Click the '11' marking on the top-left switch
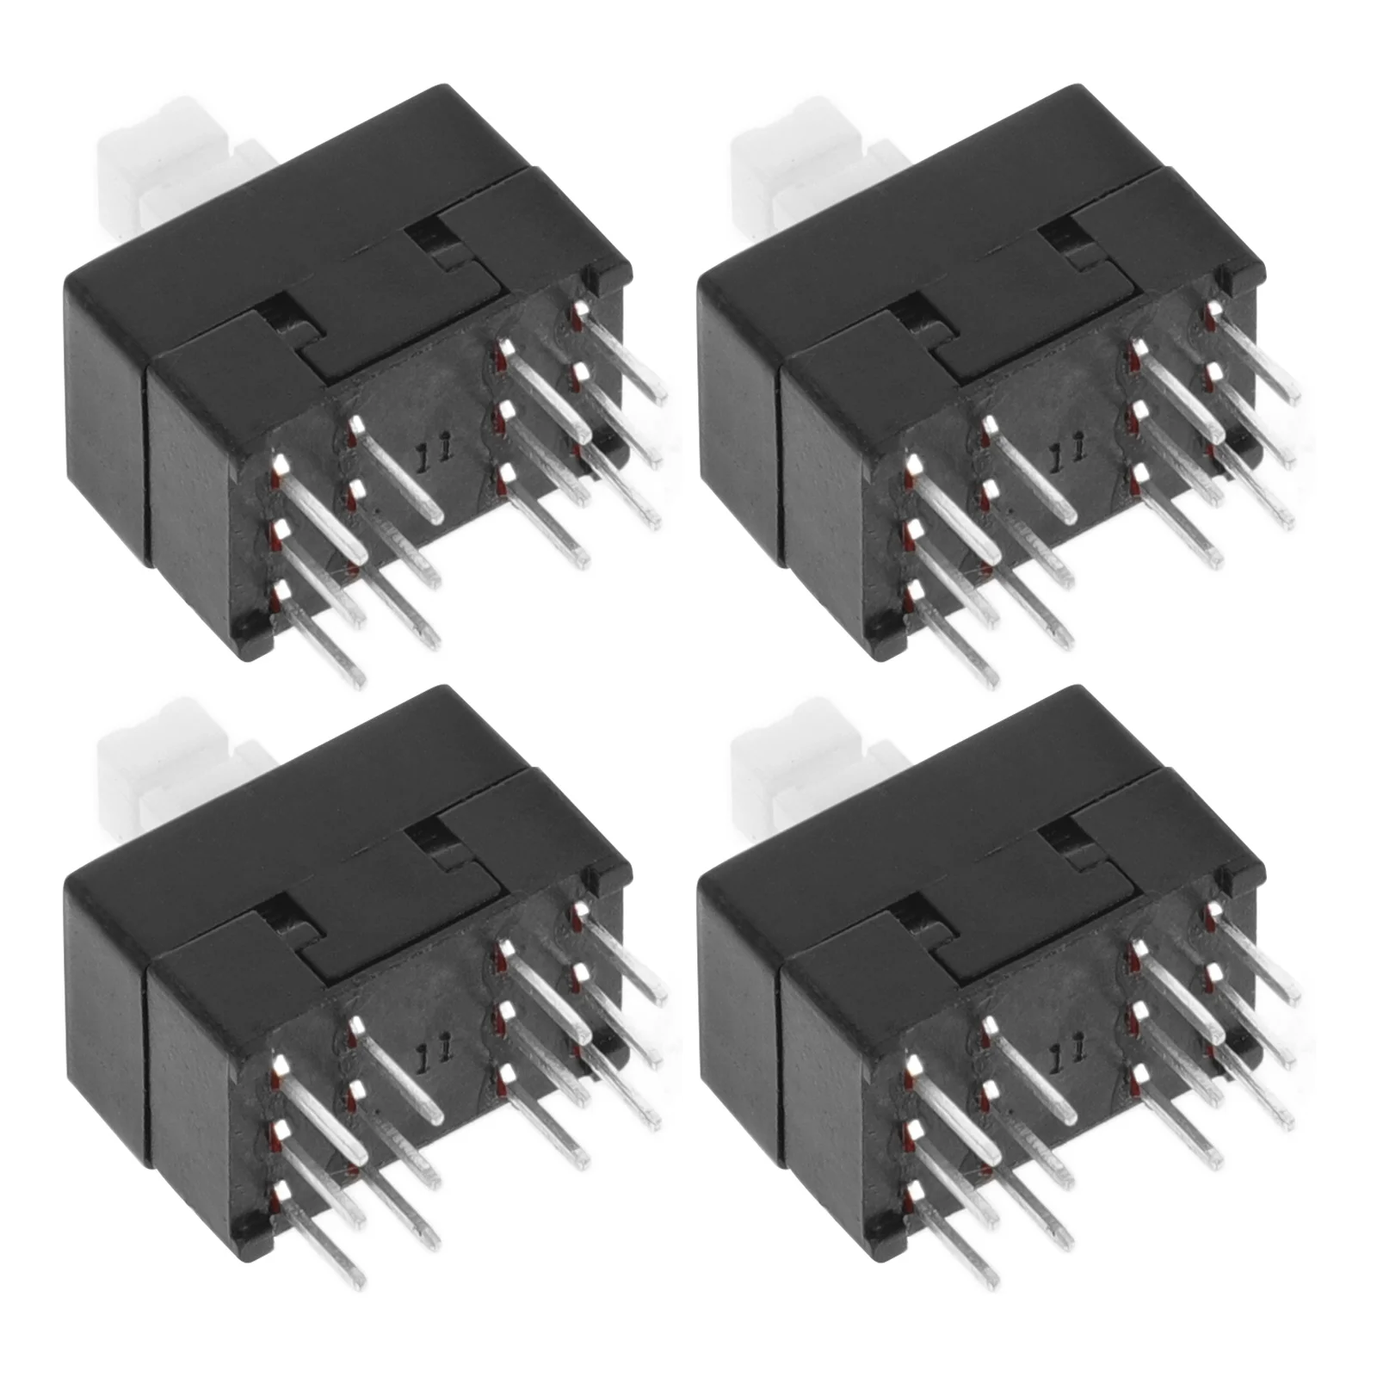tap(431, 455)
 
